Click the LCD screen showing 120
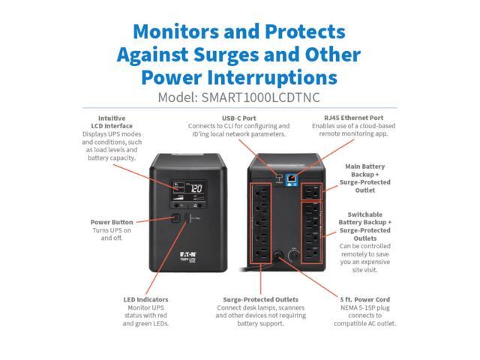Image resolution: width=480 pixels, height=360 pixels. [x=193, y=190]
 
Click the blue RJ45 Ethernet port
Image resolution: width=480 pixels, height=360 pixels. [x=289, y=177]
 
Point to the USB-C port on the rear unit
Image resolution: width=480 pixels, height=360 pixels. [x=278, y=177]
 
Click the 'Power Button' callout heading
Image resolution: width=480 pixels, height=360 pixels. [x=111, y=222]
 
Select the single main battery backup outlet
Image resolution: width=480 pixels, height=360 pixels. [x=310, y=193]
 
